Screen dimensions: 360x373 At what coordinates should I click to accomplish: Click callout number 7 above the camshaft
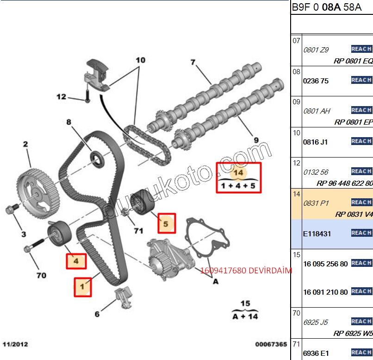193,62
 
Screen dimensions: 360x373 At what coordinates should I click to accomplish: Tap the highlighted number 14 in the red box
239,172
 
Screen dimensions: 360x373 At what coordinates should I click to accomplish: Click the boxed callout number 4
76,261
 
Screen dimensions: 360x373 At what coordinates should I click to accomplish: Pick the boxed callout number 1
82,287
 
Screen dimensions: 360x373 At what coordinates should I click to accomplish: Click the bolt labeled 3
12,210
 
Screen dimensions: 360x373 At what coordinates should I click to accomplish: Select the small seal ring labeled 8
97,157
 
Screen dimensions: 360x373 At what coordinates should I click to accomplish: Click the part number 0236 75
316,81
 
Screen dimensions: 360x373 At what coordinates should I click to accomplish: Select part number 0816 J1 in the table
315,142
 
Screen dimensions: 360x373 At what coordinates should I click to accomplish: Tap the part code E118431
317,234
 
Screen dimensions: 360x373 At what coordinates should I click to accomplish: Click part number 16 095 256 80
325,264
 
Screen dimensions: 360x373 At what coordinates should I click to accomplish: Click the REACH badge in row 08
361,80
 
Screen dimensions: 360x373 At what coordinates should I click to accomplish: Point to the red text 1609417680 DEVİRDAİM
246,271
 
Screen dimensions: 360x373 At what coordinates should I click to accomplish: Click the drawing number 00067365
271,344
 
